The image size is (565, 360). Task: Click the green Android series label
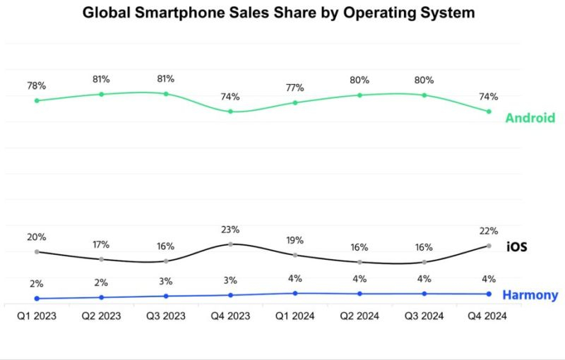pyautogui.click(x=530, y=119)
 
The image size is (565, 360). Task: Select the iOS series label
pyautogui.click(x=517, y=247)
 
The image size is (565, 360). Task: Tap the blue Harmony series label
pyautogui.click(x=530, y=295)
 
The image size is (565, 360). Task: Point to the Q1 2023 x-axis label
pyautogui.click(x=37, y=316)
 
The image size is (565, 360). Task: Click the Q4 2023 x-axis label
pyautogui.click(x=230, y=316)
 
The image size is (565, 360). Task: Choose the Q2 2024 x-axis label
pyautogui.click(x=359, y=316)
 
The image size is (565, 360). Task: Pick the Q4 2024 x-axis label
pyautogui.click(x=489, y=316)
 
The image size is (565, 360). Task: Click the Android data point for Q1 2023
pyautogui.click(x=37, y=100)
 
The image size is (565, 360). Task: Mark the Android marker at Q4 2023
pyautogui.click(x=230, y=112)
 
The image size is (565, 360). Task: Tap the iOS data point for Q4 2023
pyautogui.click(x=230, y=244)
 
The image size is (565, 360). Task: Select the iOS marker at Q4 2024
pyautogui.click(x=489, y=246)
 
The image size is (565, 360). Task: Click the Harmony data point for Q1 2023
pyautogui.click(x=37, y=299)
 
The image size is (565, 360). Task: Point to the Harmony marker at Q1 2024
pyautogui.click(x=295, y=293)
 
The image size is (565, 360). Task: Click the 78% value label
pyautogui.click(x=37, y=86)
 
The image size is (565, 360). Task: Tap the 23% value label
pyautogui.click(x=230, y=229)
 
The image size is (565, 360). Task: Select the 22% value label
pyautogui.click(x=489, y=231)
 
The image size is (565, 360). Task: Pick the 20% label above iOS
pyautogui.click(x=37, y=237)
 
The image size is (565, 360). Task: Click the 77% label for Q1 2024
pyautogui.click(x=295, y=88)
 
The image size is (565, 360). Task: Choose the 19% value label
pyautogui.click(x=295, y=240)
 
